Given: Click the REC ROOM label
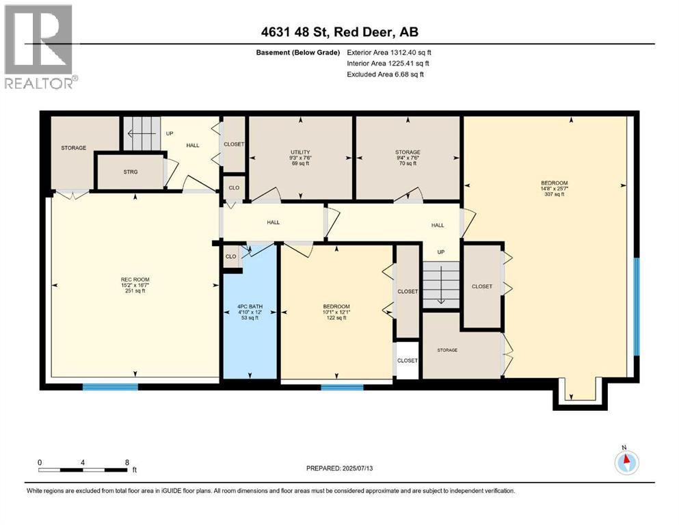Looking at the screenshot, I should click(x=135, y=280).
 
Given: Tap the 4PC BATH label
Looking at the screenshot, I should click(x=250, y=307).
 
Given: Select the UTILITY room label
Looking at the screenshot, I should click(x=300, y=152).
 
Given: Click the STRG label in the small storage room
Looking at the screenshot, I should click(x=131, y=172).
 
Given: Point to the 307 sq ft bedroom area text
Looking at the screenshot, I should click(x=554, y=194).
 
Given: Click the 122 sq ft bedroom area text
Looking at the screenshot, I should click(x=336, y=318).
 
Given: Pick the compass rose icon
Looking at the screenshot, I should click(x=626, y=462).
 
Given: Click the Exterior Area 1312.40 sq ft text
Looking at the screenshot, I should click(x=389, y=52).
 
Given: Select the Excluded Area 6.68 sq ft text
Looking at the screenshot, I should click(x=385, y=74).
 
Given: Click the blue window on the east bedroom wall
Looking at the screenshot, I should click(x=636, y=306).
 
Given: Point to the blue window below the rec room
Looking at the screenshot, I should click(x=110, y=387).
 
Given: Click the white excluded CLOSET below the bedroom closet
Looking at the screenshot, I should click(x=408, y=360).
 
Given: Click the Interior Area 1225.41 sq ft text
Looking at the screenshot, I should click(x=388, y=63).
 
